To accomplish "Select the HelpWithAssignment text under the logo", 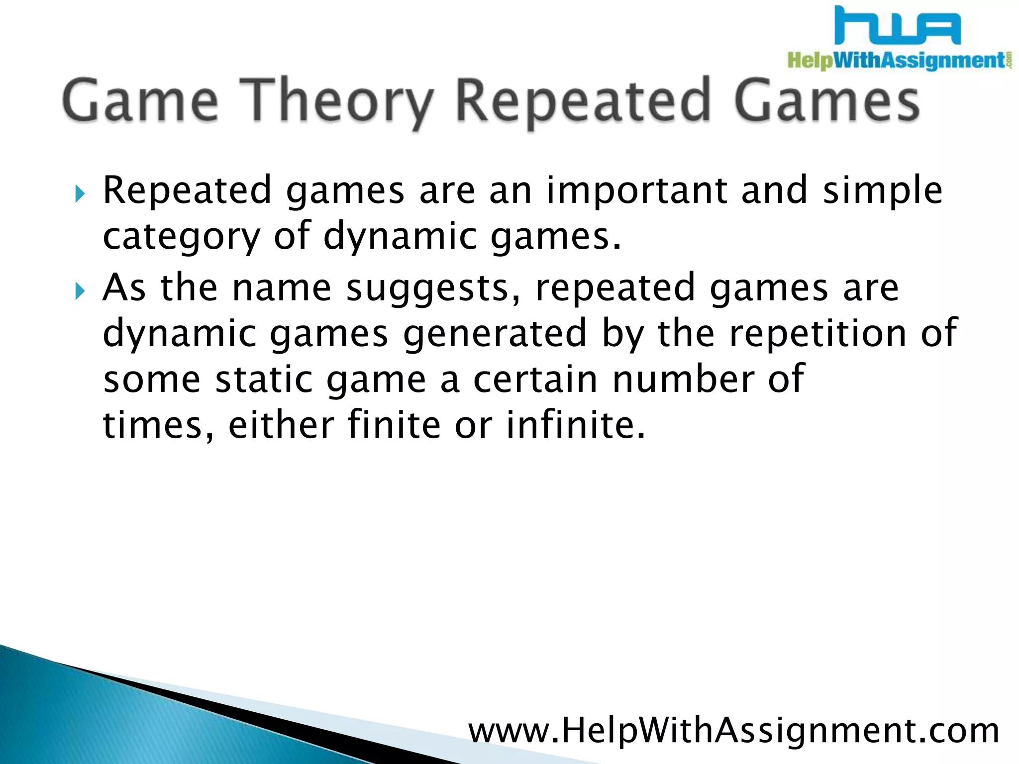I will point(896,61).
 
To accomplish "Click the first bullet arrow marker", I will point(80,193).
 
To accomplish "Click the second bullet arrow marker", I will point(80,290).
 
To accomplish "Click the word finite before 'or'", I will point(394,425).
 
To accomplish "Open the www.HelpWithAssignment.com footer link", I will point(734,731).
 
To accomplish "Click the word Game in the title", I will point(140,102).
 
